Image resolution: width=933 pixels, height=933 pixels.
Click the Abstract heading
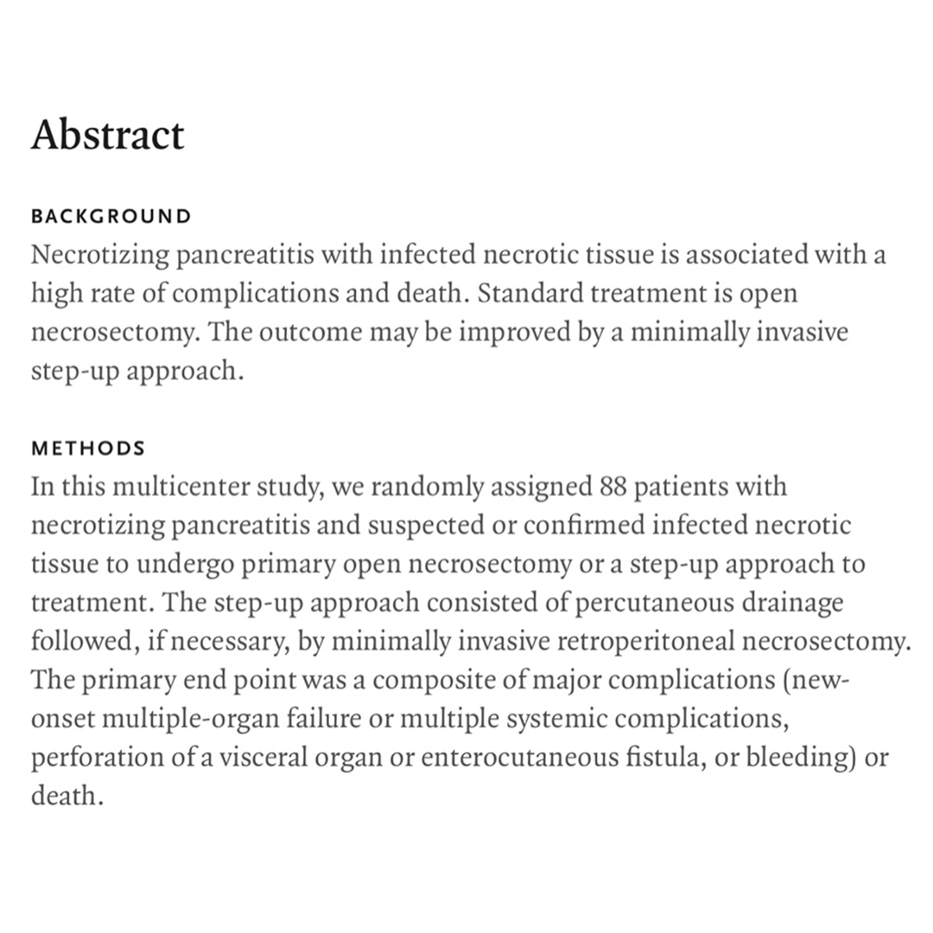pos(107,136)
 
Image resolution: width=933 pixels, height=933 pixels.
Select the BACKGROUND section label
pos(111,216)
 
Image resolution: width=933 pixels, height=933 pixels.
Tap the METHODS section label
pos(88,449)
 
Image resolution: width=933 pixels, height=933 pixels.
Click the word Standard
pos(530,294)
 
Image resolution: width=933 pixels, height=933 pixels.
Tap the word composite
pos(434,681)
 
